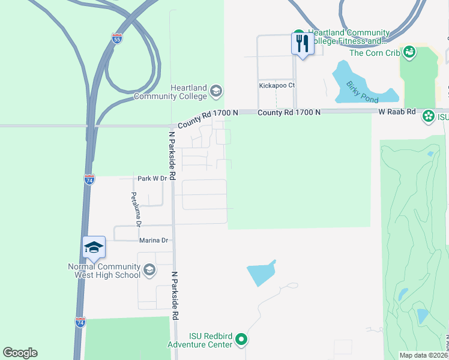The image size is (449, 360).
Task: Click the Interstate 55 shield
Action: pyautogui.click(x=118, y=38)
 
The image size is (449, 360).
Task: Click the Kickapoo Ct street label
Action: pyautogui.click(x=277, y=85)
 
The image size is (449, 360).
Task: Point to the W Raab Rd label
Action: pyautogui.click(x=397, y=112)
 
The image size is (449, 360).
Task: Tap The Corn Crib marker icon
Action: pyautogui.click(x=410, y=53)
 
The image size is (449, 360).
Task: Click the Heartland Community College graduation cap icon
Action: pyautogui.click(x=215, y=92)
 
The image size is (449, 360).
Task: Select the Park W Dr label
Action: pyautogui.click(x=151, y=178)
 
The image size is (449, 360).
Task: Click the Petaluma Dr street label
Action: pyautogui.click(x=136, y=209)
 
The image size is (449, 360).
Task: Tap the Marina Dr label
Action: pyautogui.click(x=154, y=240)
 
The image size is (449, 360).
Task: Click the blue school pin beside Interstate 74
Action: pyautogui.click(x=94, y=247)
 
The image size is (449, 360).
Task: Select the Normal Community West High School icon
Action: pyautogui.click(x=149, y=271)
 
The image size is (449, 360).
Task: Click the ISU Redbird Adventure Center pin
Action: pyautogui.click(x=242, y=340)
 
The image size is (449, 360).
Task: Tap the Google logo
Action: pyautogui.click(x=20, y=353)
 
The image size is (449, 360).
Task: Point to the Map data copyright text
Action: pyautogui.click(x=424, y=355)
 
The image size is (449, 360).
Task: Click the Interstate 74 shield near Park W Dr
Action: pyautogui.click(x=89, y=179)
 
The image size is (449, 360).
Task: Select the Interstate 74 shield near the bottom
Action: pyautogui.click(x=80, y=322)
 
